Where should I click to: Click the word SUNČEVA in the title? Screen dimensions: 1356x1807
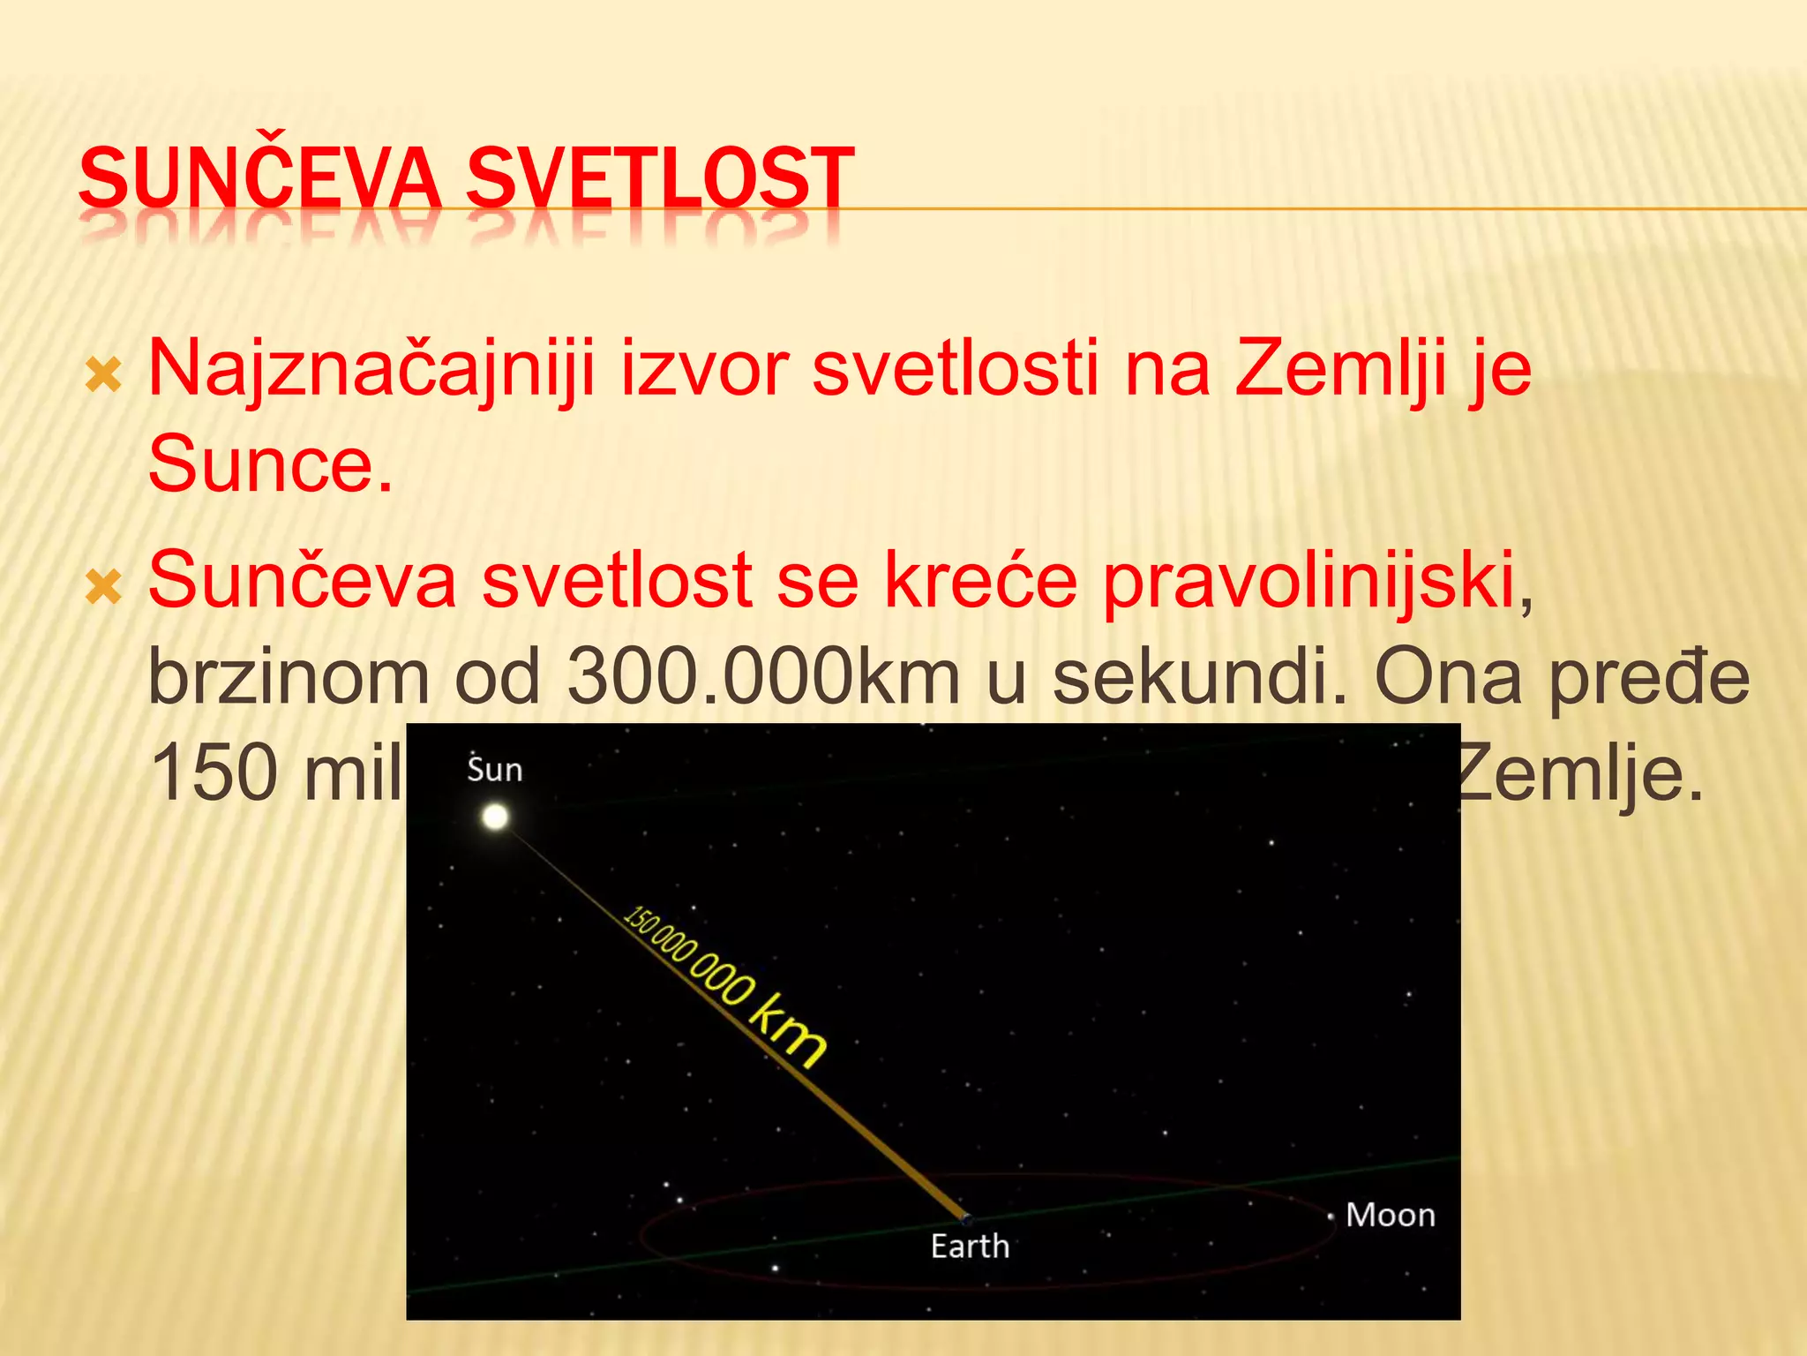tap(259, 178)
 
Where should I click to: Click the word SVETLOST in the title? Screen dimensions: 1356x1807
tap(659, 178)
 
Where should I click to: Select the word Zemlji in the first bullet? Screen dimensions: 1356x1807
tap(1340, 369)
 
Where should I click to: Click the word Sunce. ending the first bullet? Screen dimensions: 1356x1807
tap(270, 464)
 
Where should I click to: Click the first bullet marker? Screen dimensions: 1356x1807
tap(103, 377)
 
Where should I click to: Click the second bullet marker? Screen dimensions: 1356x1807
tap(103, 588)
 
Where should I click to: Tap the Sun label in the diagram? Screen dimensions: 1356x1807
tap(494, 770)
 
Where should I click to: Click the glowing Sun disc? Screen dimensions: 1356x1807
tap(495, 817)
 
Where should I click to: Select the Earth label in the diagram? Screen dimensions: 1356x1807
tap(970, 1247)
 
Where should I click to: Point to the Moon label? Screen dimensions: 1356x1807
tap(1390, 1216)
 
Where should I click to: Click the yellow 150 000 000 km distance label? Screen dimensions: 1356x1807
tap(724, 984)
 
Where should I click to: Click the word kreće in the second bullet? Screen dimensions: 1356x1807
tap(980, 581)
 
